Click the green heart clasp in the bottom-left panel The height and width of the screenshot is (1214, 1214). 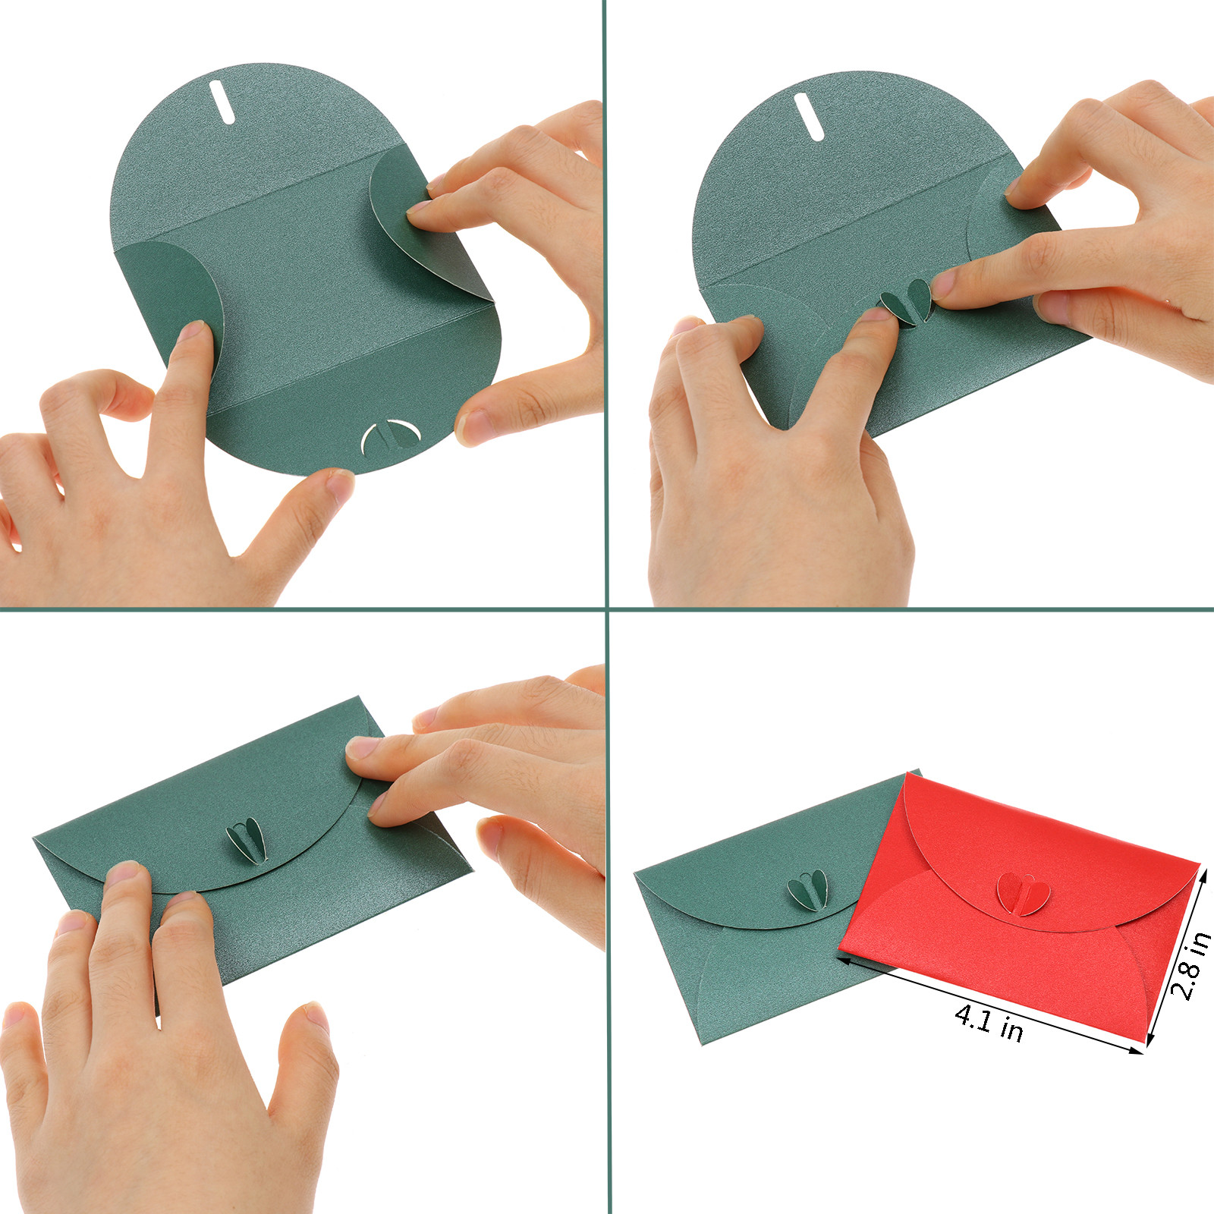(247, 840)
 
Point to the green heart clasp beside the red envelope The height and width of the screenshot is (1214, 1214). (808, 888)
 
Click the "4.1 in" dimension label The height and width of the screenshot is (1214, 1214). (989, 1021)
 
